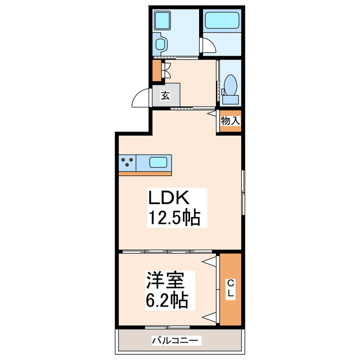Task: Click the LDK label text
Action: click(171, 198)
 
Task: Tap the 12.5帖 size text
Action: click(174, 217)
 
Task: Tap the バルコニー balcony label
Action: click(175, 340)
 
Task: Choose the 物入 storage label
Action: click(230, 120)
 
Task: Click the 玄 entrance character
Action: click(165, 95)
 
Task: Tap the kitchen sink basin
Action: click(158, 163)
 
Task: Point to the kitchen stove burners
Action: click(128, 163)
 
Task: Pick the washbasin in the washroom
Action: click(160, 44)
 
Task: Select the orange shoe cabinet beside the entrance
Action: click(156, 71)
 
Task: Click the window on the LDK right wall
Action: click(242, 191)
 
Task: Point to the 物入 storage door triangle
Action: click(211, 112)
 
